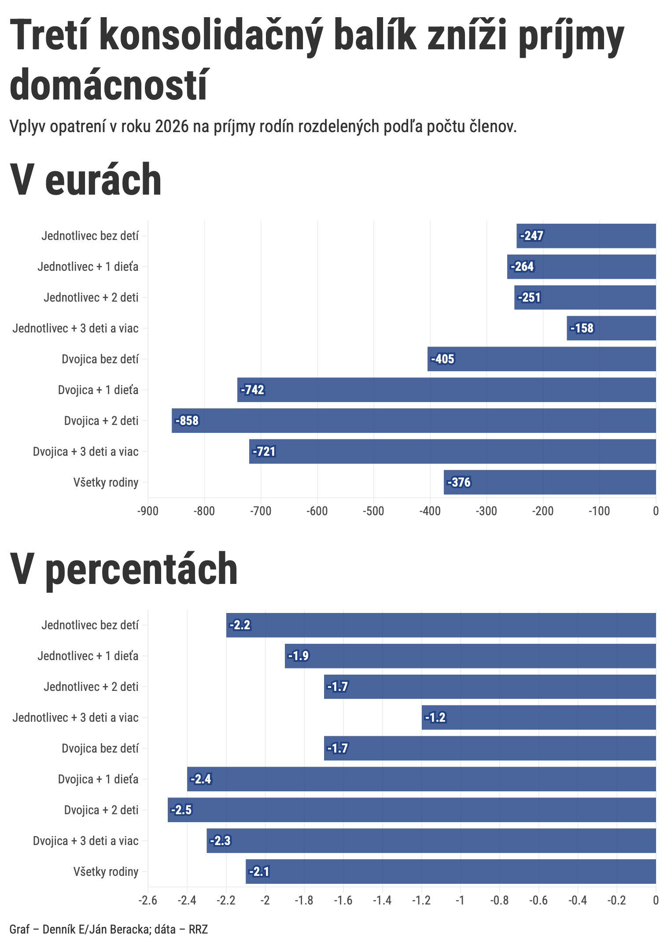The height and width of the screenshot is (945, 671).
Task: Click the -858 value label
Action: (187, 421)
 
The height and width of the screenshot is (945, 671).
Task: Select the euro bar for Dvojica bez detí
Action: (542, 359)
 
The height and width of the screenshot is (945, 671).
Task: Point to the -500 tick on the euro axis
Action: (373, 511)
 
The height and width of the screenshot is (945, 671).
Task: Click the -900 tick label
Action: (148, 511)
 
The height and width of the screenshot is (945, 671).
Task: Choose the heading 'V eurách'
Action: (86, 180)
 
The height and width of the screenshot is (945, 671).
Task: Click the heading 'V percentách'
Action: (124, 569)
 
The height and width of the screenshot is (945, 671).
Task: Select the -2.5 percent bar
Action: (412, 810)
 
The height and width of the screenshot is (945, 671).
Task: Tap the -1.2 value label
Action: (435, 718)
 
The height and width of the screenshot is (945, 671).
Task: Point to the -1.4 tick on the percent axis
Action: (382, 901)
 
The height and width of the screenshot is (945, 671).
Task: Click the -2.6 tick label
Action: (148, 901)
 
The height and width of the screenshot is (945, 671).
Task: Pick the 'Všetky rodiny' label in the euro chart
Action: (106, 483)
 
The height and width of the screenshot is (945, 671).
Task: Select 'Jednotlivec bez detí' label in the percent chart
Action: (90, 625)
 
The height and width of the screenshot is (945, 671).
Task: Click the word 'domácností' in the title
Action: (108, 85)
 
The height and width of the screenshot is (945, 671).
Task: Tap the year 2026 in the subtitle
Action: (172, 127)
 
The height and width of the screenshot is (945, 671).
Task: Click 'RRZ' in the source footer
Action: (198, 930)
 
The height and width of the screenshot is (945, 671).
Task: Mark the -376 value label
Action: (459, 483)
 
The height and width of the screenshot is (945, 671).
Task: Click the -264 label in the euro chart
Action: (522, 267)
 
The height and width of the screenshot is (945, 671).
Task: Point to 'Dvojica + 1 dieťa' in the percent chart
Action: (98, 779)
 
